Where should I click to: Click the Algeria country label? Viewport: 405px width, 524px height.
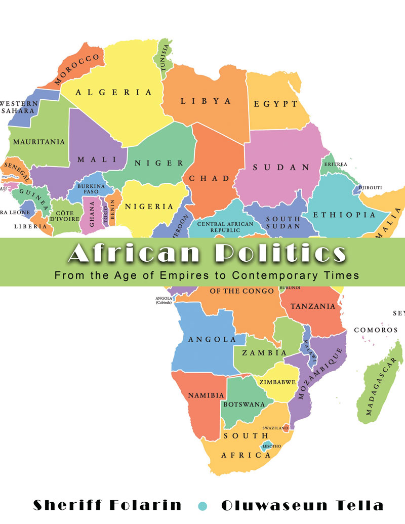(114, 92)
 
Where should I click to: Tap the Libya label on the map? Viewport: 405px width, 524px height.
(206, 101)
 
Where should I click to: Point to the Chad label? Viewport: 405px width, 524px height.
(209, 179)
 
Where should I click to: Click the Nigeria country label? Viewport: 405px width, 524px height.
(149, 206)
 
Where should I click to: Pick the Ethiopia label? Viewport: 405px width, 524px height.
(344, 215)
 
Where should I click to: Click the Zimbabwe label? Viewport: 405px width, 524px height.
(276, 383)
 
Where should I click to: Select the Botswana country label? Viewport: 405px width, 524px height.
(244, 404)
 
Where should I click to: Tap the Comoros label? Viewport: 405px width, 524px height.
(376, 330)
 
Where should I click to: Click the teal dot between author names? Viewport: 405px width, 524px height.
(203, 505)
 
